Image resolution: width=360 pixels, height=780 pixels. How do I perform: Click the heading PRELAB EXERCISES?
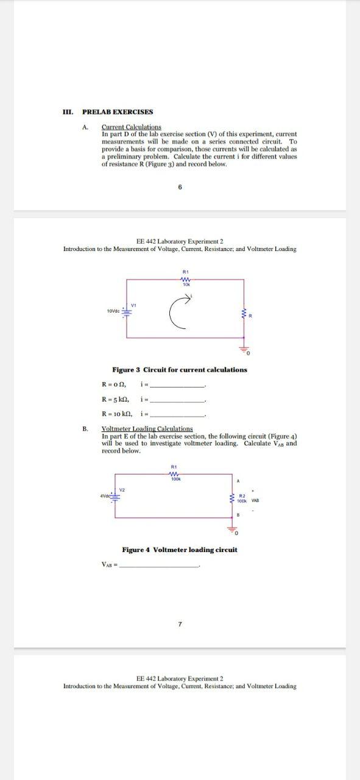click(118, 112)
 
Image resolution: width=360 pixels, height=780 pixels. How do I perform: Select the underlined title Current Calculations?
click(131, 127)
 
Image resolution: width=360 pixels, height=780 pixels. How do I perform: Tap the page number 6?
click(180, 187)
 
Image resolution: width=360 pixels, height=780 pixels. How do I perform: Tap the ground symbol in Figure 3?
click(244, 350)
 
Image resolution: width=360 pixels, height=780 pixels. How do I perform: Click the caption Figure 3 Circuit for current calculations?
click(180, 370)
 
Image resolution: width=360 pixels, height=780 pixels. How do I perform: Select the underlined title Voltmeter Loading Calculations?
click(147, 428)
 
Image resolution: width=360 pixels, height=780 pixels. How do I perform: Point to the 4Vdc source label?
click(107, 495)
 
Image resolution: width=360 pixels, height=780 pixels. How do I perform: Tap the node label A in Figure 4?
click(238, 481)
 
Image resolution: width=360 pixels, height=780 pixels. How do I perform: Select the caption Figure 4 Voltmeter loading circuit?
click(180, 550)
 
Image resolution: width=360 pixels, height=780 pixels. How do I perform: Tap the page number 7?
click(180, 624)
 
